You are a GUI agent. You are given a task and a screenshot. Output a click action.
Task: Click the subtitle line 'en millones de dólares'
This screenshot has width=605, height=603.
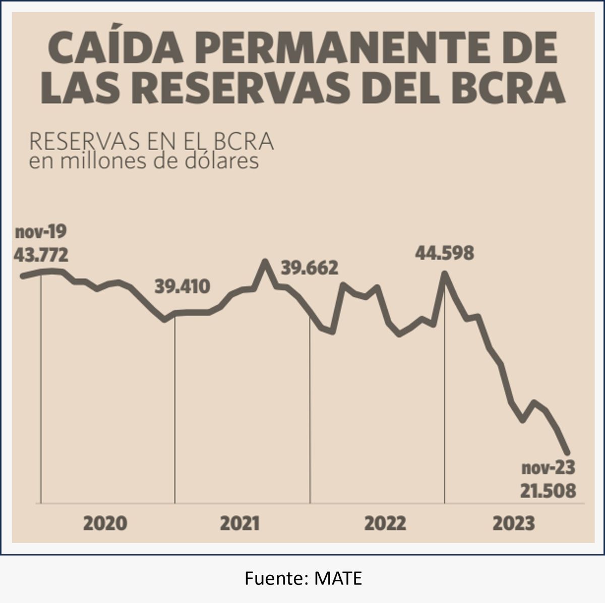[144, 162]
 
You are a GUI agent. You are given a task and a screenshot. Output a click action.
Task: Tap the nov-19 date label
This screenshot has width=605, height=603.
[40, 233]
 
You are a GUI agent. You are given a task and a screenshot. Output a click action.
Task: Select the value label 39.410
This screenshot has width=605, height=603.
[181, 287]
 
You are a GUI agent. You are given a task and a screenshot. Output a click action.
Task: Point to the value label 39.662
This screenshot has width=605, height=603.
[309, 268]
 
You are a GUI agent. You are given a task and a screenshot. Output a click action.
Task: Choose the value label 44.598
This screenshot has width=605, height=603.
[444, 253]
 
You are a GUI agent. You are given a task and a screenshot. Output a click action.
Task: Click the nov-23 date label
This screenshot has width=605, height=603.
[548, 468]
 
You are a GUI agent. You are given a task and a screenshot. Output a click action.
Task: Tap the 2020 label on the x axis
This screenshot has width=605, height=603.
[105, 524]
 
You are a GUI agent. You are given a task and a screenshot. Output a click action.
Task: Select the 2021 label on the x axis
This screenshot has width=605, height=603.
[239, 524]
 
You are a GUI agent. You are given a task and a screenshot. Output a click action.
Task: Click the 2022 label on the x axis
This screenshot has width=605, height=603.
[385, 524]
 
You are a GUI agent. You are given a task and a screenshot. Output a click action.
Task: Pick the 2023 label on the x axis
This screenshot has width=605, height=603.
[514, 524]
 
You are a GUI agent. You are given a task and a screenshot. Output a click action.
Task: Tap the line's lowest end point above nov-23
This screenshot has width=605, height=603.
[568, 452]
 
